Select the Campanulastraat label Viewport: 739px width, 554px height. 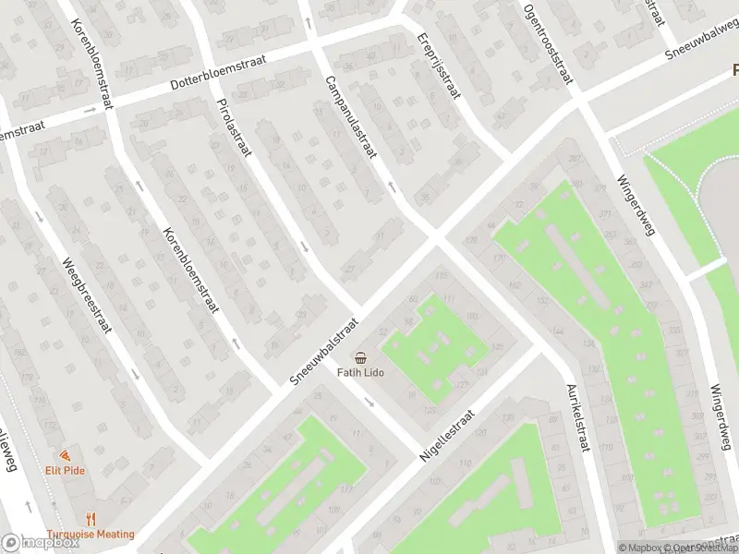tap(349, 117)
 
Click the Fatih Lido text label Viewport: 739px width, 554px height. tap(359, 373)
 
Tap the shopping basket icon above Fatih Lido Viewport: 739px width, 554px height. tap(359, 357)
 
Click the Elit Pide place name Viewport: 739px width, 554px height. tap(64, 470)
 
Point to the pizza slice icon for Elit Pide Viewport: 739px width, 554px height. tap(64, 455)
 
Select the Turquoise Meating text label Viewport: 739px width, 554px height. tap(91, 534)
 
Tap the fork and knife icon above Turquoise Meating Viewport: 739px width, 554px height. tap(91, 519)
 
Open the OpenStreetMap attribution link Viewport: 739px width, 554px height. tap(702, 548)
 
